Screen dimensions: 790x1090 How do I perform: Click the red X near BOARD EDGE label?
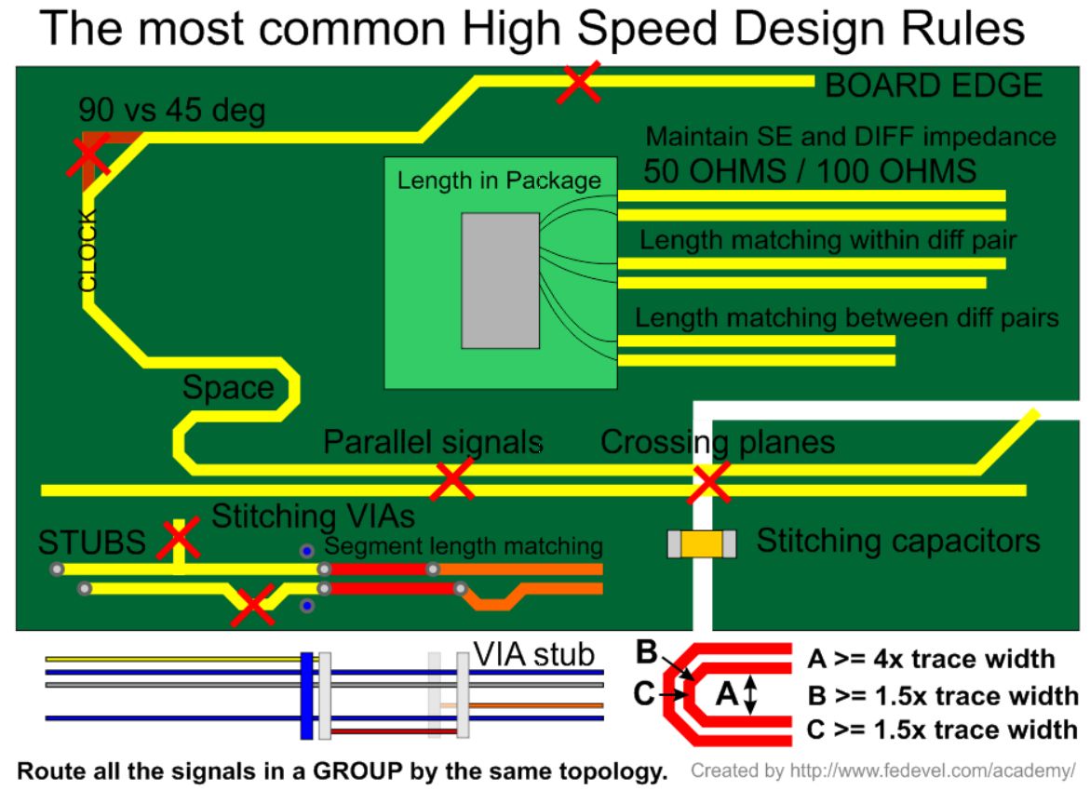(x=579, y=83)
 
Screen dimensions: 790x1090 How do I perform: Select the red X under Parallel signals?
(x=452, y=479)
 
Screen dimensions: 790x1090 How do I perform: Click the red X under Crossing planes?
(x=709, y=482)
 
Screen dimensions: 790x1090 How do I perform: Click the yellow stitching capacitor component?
(x=702, y=543)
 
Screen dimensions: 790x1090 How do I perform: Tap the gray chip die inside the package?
(x=501, y=280)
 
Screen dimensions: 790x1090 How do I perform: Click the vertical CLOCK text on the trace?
(x=87, y=251)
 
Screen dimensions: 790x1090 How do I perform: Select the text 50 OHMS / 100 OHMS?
(x=810, y=171)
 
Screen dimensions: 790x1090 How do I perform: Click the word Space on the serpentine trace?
(x=228, y=387)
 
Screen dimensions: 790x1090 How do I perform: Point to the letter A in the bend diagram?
(x=727, y=693)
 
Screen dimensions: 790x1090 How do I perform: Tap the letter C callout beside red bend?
(x=645, y=694)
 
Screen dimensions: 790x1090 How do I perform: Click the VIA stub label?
(x=533, y=654)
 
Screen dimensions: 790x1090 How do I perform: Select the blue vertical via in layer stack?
(x=306, y=695)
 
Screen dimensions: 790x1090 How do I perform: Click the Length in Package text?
(x=499, y=181)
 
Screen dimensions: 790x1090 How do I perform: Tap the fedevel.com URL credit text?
(x=882, y=771)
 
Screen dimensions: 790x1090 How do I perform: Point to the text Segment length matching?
(x=463, y=546)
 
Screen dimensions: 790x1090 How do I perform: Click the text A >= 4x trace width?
(x=931, y=659)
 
